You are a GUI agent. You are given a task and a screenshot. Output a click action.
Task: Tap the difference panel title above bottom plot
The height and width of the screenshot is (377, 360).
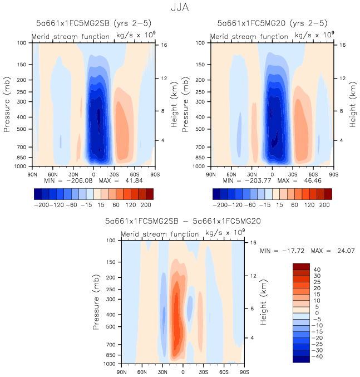[183, 221]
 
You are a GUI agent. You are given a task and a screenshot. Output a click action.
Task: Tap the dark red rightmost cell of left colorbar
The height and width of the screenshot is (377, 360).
[150, 193]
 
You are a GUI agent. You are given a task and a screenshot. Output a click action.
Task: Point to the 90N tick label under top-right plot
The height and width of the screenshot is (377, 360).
[211, 173]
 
